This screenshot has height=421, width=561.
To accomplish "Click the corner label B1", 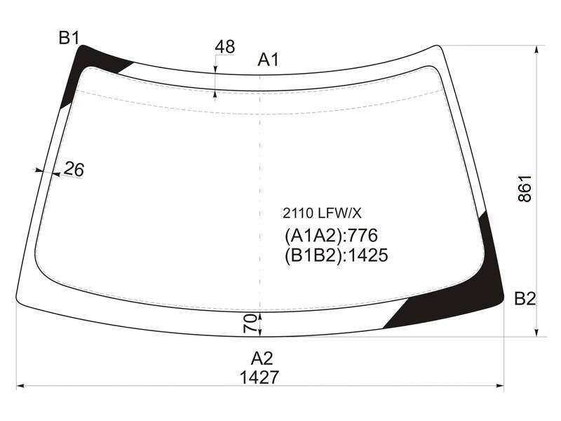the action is [x=69, y=38].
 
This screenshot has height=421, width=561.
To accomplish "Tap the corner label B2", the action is [x=525, y=299].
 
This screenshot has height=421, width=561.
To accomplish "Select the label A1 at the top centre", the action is [x=268, y=60].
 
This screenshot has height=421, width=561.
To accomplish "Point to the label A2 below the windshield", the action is [x=262, y=359].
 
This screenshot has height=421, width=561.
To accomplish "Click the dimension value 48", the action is [x=224, y=46].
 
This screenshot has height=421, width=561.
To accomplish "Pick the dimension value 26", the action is [x=74, y=169].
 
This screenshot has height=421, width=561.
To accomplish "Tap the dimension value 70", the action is [x=250, y=323].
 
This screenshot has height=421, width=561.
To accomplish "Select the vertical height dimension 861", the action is [x=525, y=189].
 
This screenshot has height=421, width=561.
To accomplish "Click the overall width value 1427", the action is [x=259, y=377].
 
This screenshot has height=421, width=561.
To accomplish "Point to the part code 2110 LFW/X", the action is [x=322, y=213].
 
